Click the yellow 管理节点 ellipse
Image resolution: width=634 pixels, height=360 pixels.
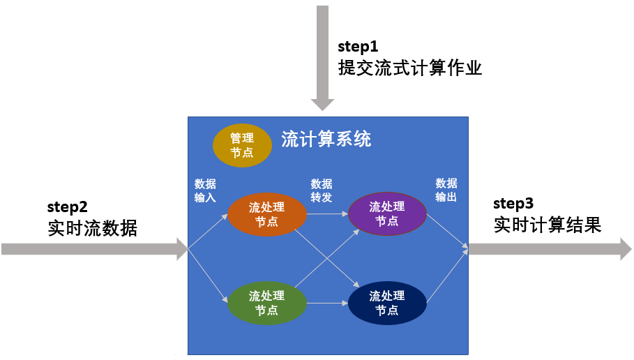pos(241,146)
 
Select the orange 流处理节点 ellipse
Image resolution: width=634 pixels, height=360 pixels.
pos(267,213)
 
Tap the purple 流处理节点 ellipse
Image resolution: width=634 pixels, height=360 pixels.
pos(386,213)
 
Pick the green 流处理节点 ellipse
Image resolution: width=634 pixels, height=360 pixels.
pos(267,303)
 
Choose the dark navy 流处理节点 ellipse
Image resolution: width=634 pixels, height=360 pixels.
pos(386,303)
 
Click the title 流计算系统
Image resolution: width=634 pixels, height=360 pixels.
pos(326,139)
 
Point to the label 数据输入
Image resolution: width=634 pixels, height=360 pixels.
pos(205,190)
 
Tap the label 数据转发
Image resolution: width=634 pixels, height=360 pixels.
pos(322,190)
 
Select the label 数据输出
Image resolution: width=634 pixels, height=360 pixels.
pos(446,190)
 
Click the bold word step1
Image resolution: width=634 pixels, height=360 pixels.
pos(358,47)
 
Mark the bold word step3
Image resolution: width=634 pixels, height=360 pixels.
pos(513,204)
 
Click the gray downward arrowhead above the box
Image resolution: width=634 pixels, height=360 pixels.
pos(322,105)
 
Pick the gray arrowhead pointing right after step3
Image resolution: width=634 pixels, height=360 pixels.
pos(626,248)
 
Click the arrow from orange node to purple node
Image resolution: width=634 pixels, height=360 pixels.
pos(326,213)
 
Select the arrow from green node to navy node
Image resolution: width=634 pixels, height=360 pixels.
pos(326,303)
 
